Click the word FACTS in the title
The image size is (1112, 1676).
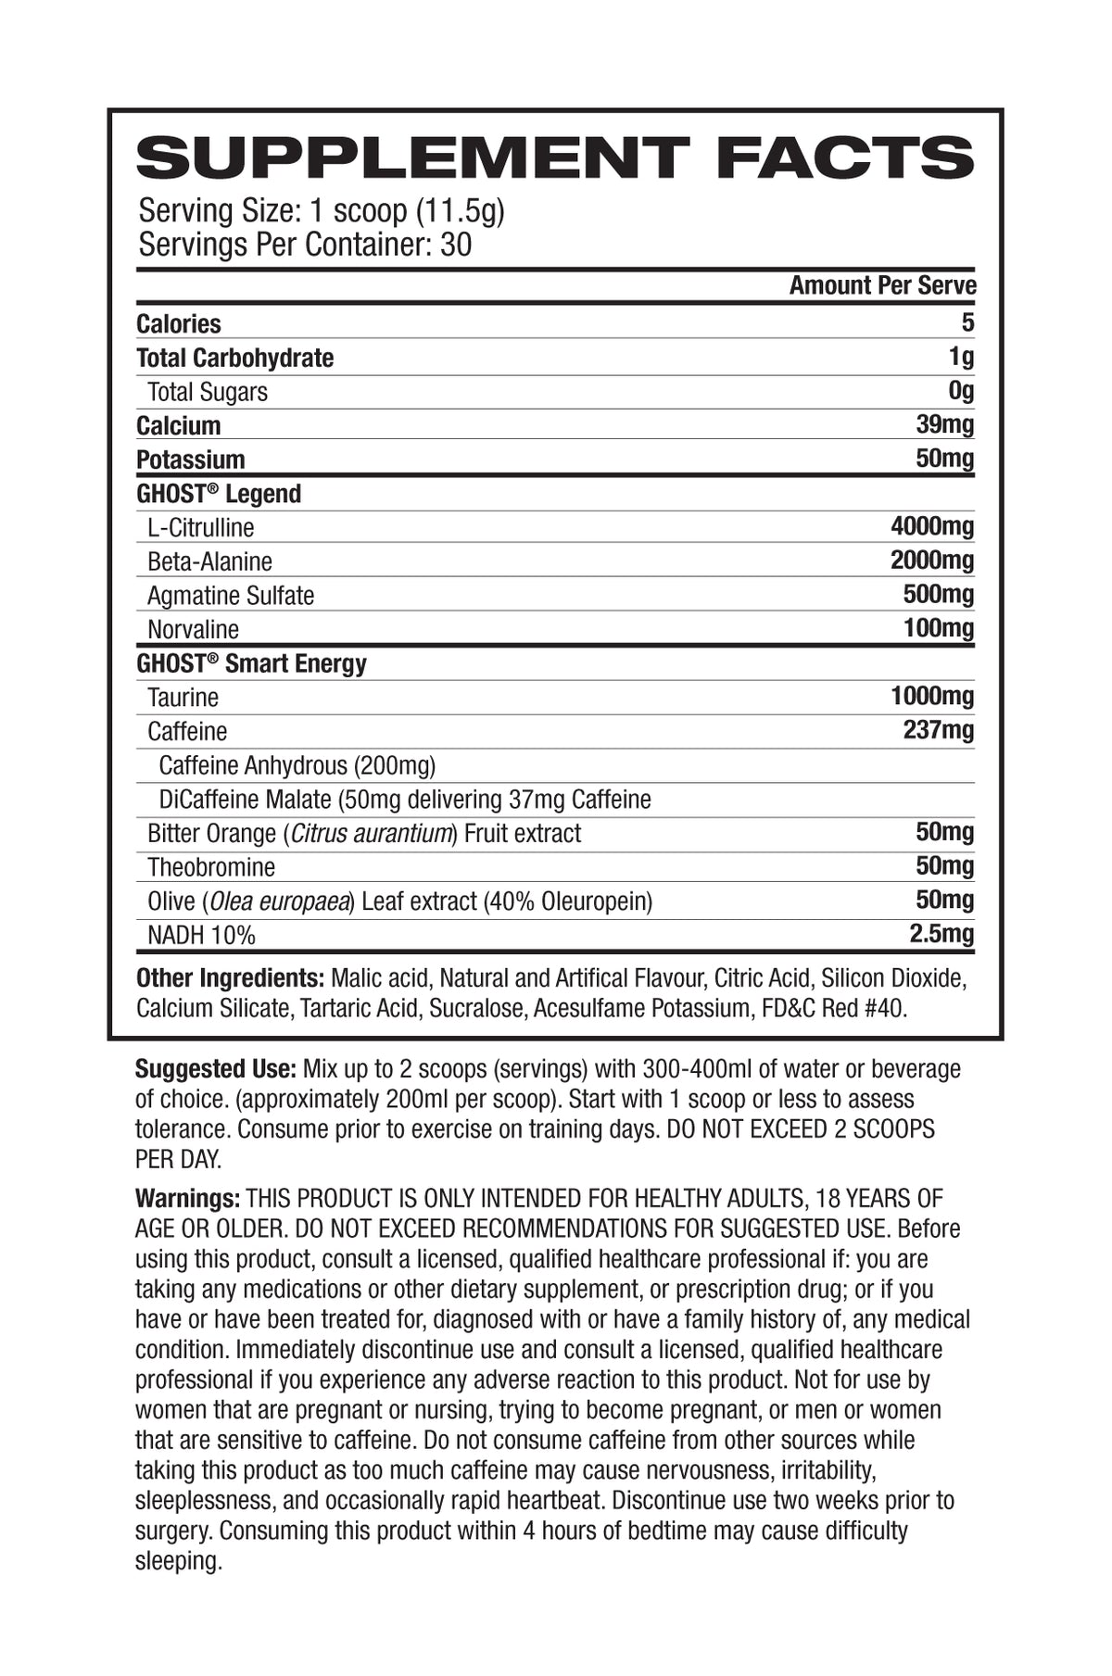pos(844,158)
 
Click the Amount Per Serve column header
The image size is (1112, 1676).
pos(882,285)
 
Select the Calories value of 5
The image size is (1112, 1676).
pos(967,322)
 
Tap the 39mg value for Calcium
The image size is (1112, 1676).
pos(944,424)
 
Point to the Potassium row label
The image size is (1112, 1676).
pos(191,460)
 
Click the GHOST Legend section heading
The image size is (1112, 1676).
pos(219,494)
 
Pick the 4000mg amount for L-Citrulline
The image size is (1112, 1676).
pos(932,526)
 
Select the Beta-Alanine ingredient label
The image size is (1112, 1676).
pos(209,561)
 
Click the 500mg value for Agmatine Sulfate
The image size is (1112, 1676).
pos(939,594)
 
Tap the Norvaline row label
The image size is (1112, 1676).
pos(193,629)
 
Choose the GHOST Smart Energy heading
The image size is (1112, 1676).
pos(251,663)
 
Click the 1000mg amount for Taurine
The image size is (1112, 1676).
pos(932,696)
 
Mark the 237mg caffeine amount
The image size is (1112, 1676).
pos(939,730)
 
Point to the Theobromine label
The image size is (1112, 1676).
pos(211,867)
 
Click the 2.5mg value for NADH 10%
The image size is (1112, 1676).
pos(941,933)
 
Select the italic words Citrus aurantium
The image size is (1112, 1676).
pos(372,833)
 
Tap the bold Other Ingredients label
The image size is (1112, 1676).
pos(230,978)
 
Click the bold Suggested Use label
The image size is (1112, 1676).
pos(216,1069)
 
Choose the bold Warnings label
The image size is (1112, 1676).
pos(188,1198)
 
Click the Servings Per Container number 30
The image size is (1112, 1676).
pos(456,245)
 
